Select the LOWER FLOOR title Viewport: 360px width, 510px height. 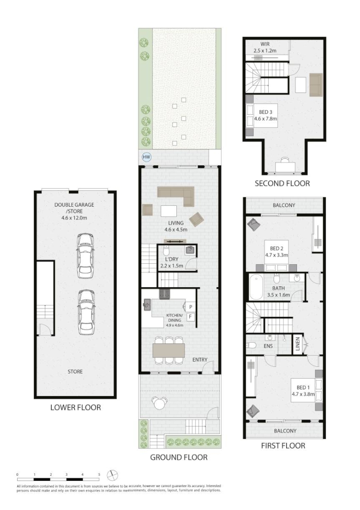76,407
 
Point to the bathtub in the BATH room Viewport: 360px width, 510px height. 256,287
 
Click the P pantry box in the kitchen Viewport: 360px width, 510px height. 191,307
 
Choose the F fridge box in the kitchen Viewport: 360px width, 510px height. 191,316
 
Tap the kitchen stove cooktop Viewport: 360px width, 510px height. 165,294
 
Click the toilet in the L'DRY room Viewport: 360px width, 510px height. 166,251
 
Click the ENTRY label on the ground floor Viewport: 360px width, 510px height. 200,359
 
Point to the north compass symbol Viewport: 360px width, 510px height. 112,475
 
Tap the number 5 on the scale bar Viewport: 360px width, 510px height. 99,474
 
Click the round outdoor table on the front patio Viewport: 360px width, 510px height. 158,404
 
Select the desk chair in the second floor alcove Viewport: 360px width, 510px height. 284,160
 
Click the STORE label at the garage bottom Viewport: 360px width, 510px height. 75,371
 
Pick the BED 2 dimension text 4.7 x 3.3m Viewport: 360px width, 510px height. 276,255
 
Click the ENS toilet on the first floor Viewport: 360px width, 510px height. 252,345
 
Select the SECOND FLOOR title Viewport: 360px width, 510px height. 282,184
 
